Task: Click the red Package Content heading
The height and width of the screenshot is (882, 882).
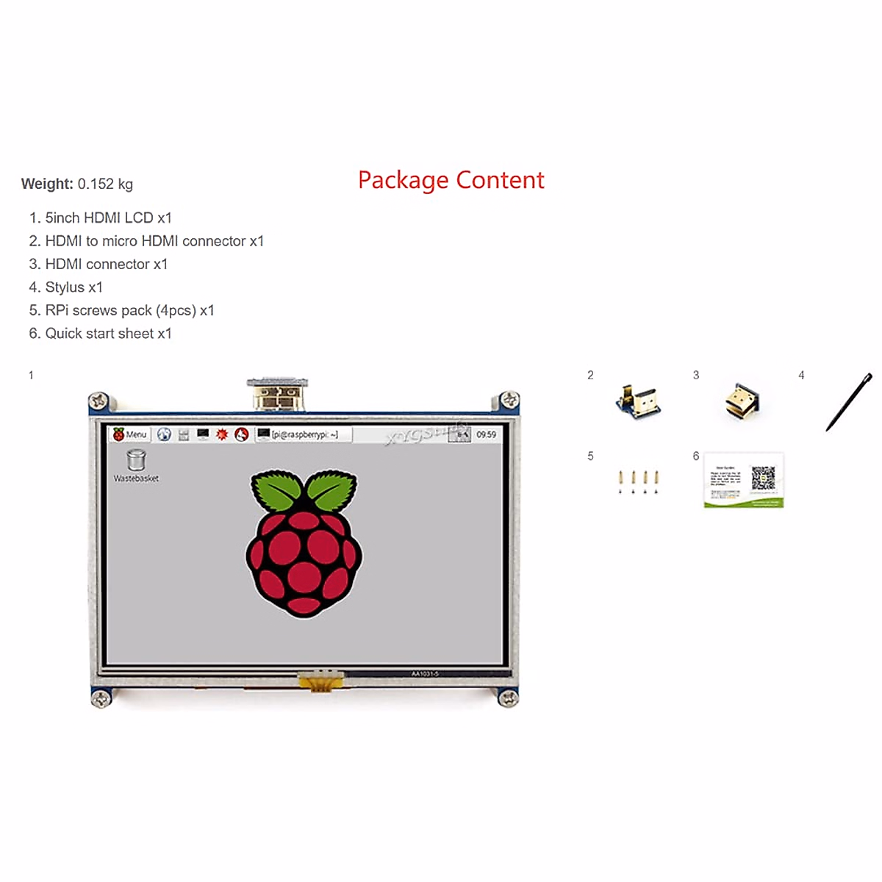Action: [451, 180]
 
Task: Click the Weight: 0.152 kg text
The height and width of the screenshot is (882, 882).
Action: [77, 184]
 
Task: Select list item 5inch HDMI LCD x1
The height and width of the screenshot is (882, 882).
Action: [101, 218]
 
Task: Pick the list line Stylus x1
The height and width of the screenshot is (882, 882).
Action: [66, 287]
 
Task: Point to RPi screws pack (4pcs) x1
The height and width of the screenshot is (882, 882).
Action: [122, 310]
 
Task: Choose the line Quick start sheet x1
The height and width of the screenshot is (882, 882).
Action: [101, 334]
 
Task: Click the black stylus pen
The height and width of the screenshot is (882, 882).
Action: [849, 401]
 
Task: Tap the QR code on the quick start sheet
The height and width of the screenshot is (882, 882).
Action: [763, 478]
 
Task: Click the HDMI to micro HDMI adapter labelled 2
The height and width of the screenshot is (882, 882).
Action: [637, 401]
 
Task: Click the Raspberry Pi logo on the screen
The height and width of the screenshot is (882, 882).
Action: [304, 542]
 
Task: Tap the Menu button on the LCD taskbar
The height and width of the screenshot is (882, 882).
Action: [130, 434]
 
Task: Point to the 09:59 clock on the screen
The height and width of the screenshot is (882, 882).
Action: [486, 434]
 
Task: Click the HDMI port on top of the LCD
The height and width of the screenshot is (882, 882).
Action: [277, 395]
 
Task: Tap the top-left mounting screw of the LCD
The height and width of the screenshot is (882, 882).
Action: [98, 401]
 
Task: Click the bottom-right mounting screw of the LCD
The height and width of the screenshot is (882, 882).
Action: [508, 698]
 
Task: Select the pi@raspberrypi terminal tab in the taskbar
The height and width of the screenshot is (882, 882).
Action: [304, 434]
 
